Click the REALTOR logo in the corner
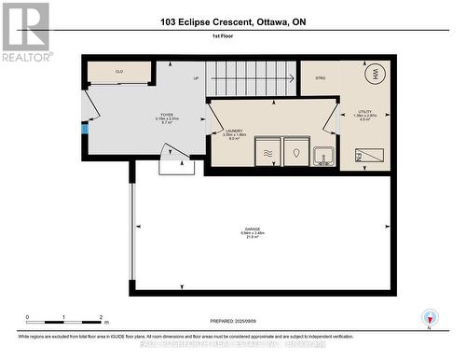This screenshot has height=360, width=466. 25,30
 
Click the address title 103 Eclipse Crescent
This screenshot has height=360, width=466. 231,22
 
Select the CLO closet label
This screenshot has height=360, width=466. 119,72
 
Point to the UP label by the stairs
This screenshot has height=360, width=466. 196,78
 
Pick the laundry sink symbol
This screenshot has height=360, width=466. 323,154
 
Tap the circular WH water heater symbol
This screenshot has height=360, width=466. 377,75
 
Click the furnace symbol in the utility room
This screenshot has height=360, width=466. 370,155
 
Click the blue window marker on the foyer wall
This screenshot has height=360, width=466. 83,128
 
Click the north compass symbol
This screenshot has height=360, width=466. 429,318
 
